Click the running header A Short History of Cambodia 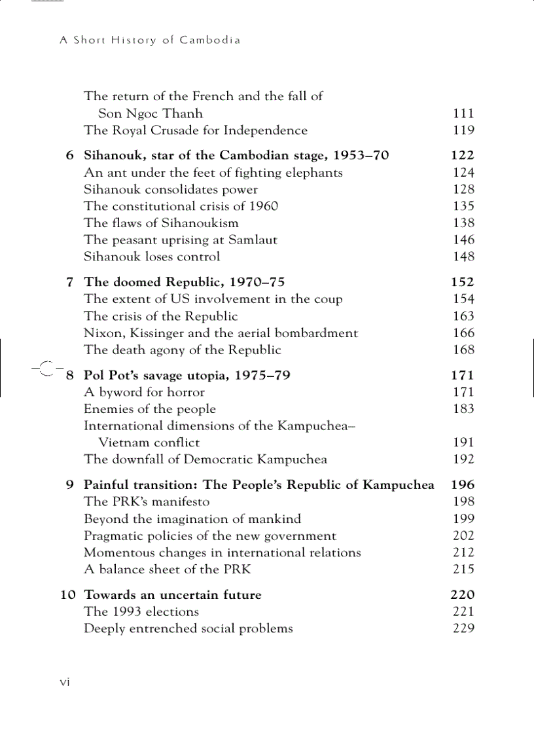pyautogui.click(x=150, y=40)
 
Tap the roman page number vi pyautogui.click(x=65, y=682)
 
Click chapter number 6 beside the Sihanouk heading pyautogui.click(x=70, y=156)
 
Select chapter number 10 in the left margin pyautogui.click(x=68, y=595)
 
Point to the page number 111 pyautogui.click(x=463, y=113)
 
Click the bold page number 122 pyautogui.click(x=463, y=156)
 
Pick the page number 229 pyautogui.click(x=463, y=629)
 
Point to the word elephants pyautogui.click(x=313, y=173)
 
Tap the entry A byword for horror pyautogui.click(x=144, y=393)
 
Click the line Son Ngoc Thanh pyautogui.click(x=151, y=113)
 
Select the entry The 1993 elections pyautogui.click(x=141, y=612)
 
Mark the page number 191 pyautogui.click(x=463, y=443)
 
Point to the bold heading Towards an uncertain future pyautogui.click(x=173, y=595)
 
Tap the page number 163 pyautogui.click(x=463, y=316)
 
